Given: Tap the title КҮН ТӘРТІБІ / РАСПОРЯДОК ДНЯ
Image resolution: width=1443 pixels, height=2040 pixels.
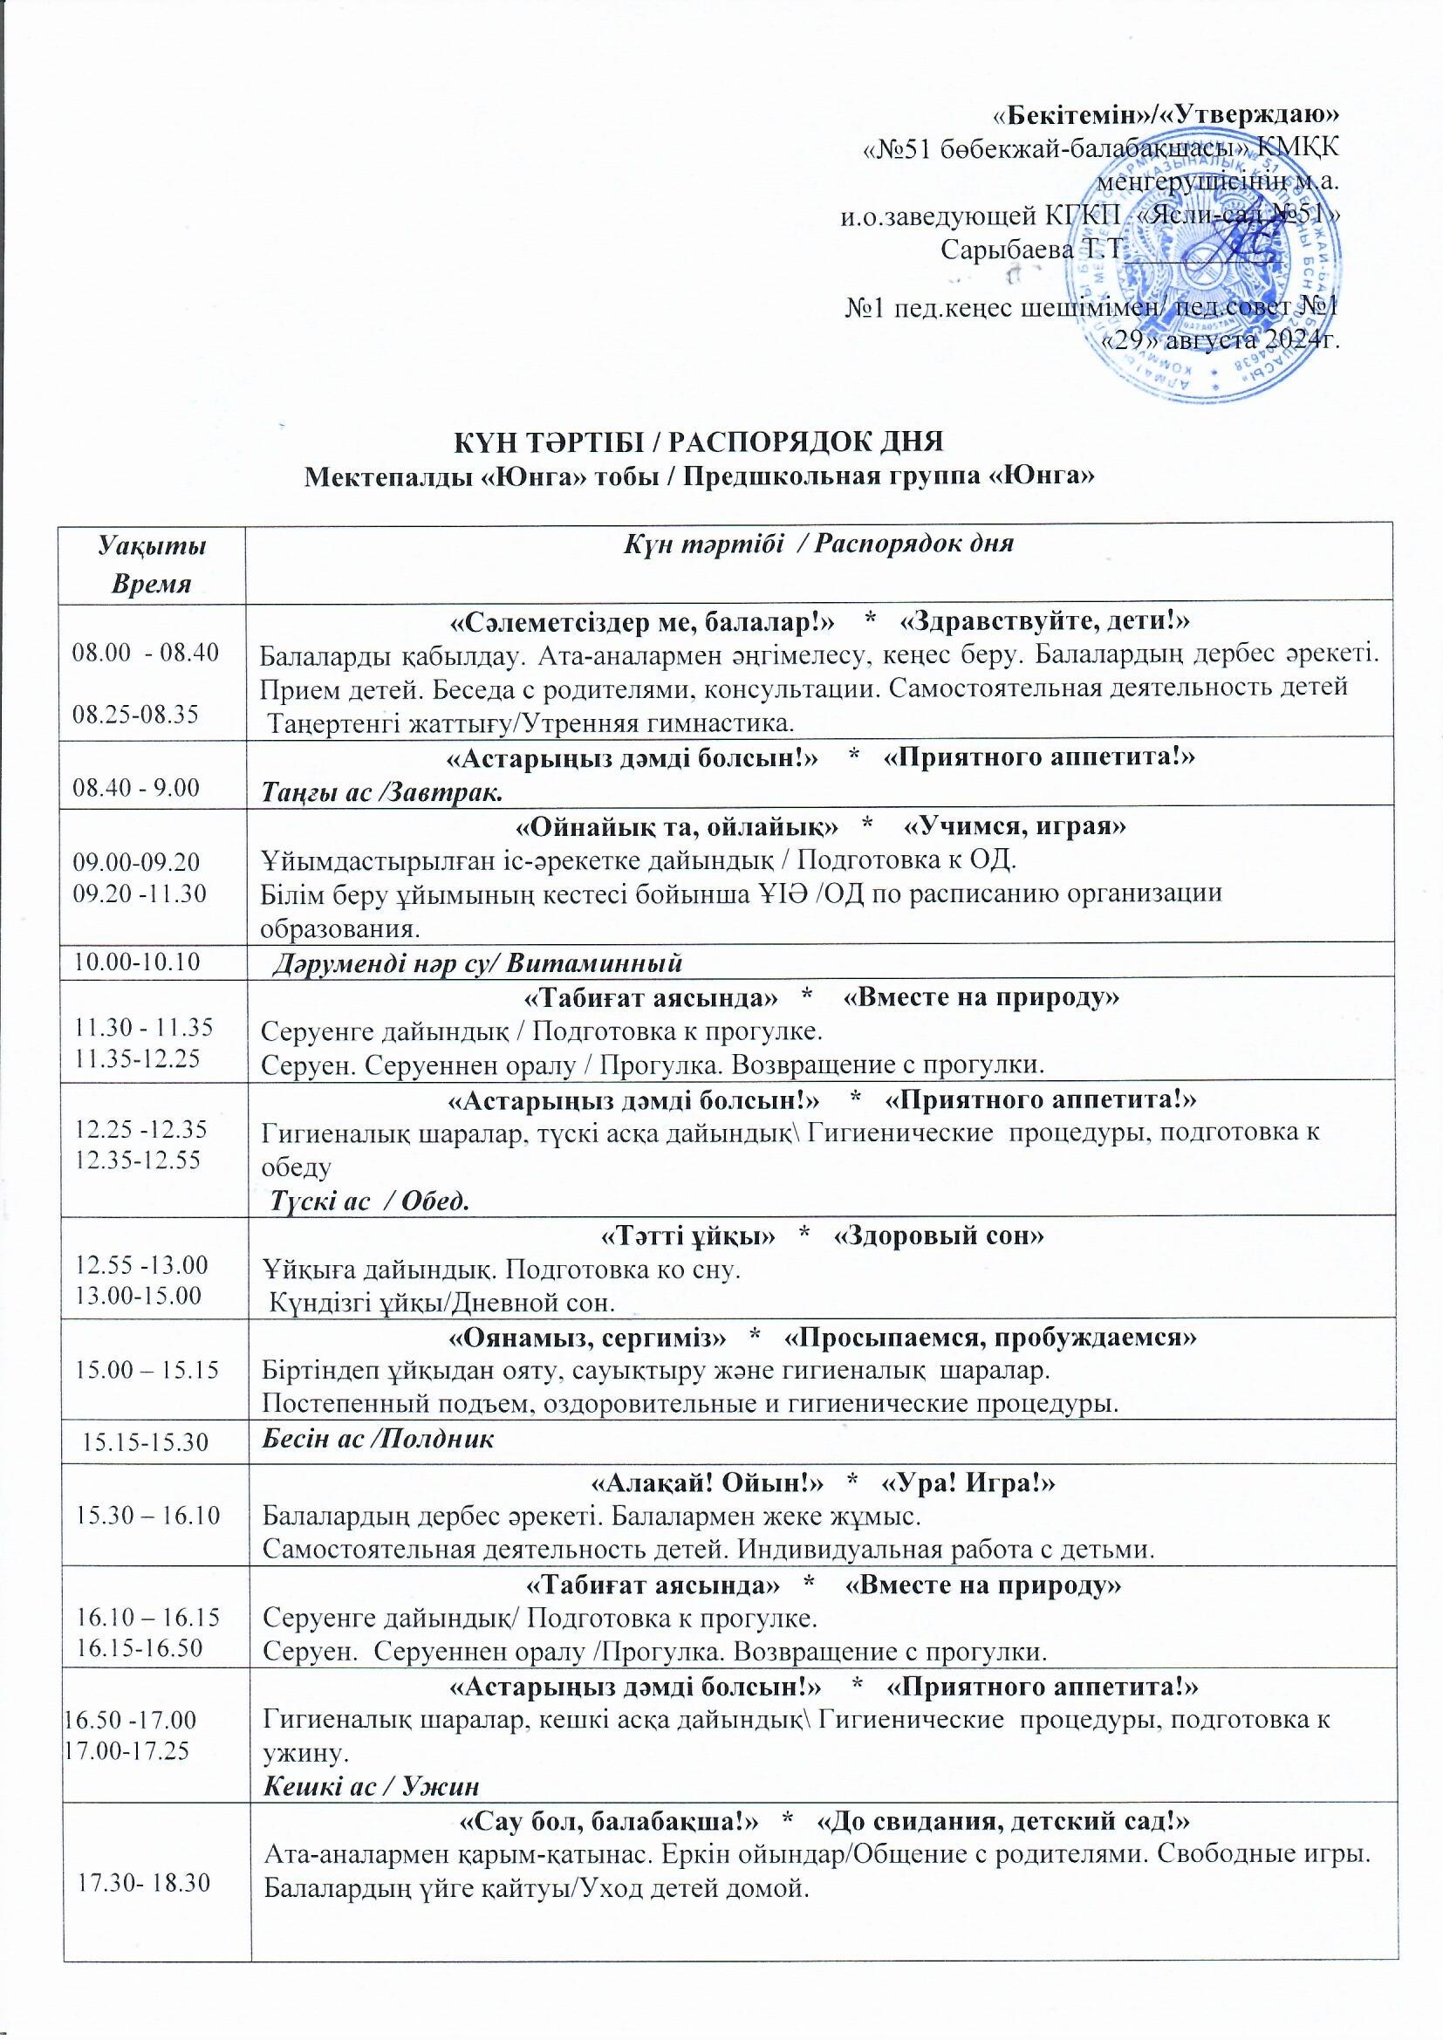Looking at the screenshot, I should tap(699, 442).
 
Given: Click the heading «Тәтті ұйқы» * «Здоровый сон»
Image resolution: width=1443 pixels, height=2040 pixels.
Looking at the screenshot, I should tap(818, 1236).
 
